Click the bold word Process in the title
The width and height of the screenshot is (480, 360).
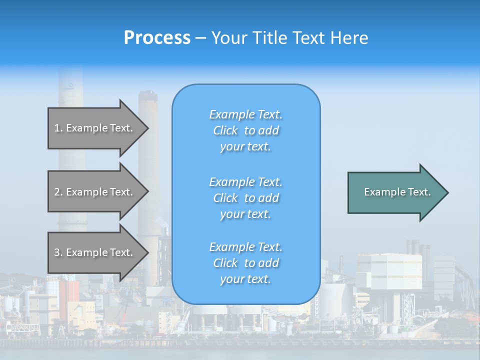[157, 38]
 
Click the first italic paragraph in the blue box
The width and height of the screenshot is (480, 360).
[245, 130]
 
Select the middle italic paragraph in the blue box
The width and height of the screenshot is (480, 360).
[245, 198]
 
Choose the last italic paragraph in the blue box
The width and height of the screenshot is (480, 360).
[245, 263]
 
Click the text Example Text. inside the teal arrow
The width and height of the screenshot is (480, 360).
[397, 192]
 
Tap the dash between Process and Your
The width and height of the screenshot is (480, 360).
[201, 38]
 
